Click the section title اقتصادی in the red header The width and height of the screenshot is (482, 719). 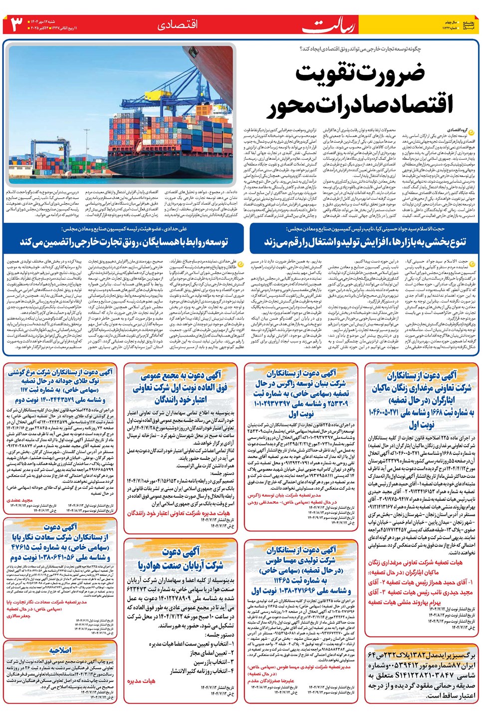point(177,24)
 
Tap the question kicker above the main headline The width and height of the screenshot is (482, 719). point(360,49)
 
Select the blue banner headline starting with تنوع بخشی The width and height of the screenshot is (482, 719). point(364,242)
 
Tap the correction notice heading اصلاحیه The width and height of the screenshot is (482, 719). point(60,651)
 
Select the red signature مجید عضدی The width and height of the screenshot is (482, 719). point(20,500)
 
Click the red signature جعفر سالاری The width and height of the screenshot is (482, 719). point(19,616)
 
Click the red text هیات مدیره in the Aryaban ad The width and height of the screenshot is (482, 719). point(141,681)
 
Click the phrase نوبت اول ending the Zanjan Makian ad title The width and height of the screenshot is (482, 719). point(422,425)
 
